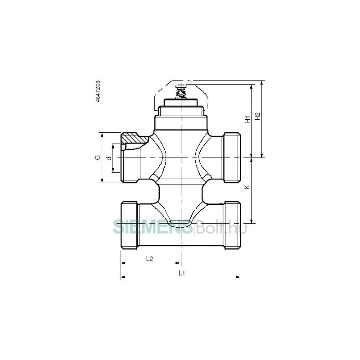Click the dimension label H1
click(x=247, y=119)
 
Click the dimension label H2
click(x=257, y=116)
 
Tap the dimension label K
click(x=247, y=187)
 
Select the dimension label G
click(x=98, y=157)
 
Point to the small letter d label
click(x=109, y=158)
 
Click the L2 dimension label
click(x=149, y=259)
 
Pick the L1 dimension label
click(x=182, y=273)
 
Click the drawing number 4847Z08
click(x=98, y=91)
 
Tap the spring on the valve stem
click(x=181, y=94)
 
